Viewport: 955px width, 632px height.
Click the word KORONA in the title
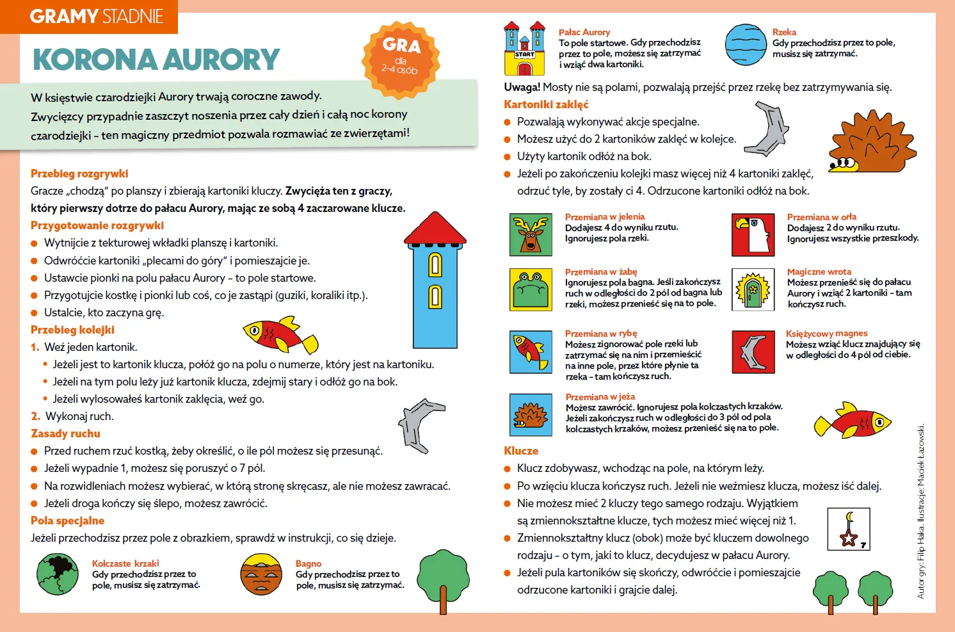click(x=95, y=60)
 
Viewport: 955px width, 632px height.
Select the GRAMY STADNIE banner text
click(x=96, y=17)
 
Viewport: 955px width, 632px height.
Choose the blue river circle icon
click(x=746, y=45)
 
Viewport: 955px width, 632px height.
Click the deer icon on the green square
click(x=531, y=235)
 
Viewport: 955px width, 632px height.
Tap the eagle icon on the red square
click(x=753, y=234)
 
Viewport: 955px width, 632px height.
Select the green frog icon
click(x=531, y=289)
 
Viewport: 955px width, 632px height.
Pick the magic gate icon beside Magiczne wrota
click(x=753, y=289)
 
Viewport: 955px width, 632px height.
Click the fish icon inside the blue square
click(x=531, y=352)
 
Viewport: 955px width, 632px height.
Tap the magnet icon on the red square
click(x=753, y=352)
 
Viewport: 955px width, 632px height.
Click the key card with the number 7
click(x=849, y=530)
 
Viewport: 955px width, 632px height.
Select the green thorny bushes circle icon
click(x=58, y=574)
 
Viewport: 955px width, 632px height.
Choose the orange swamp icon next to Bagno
click(x=261, y=574)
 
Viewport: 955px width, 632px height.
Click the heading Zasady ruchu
click(x=65, y=433)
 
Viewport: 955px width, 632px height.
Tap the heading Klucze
click(x=521, y=451)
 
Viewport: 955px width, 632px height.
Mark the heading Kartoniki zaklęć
click(x=546, y=104)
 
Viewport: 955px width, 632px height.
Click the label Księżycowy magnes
click(x=826, y=334)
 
